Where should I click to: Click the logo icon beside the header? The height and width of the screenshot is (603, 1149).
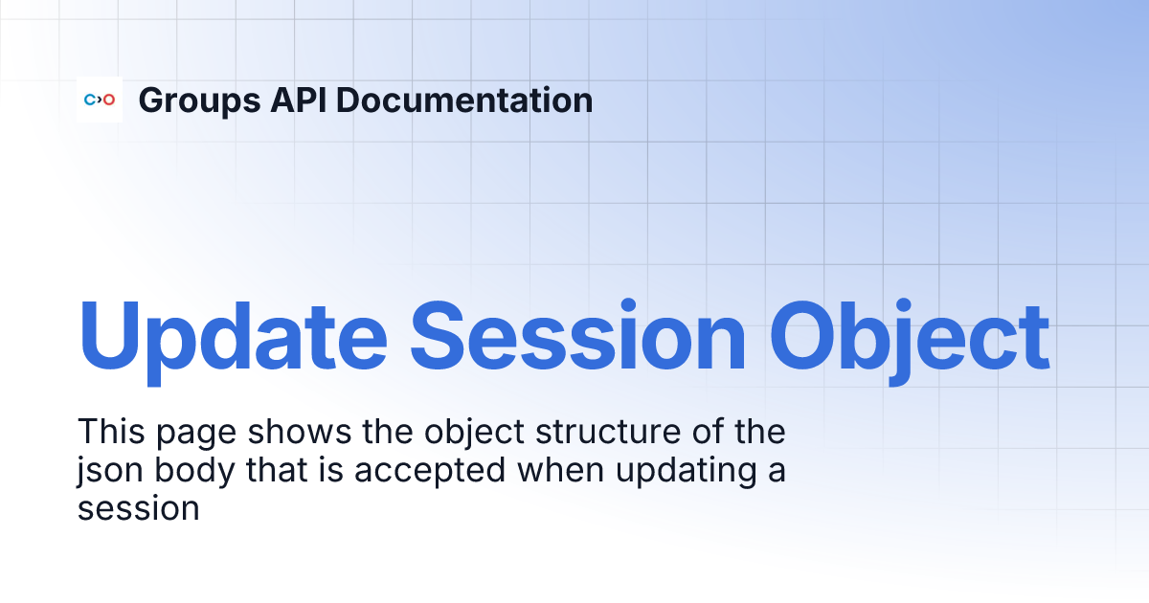click(x=100, y=100)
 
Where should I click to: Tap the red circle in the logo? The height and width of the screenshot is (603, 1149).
click(x=109, y=100)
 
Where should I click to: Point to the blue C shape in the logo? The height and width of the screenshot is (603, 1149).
click(x=90, y=100)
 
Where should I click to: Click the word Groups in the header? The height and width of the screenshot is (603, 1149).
click(x=199, y=101)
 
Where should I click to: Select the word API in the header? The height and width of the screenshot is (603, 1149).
click(x=299, y=100)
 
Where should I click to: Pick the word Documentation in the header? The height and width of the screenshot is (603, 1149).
click(x=464, y=100)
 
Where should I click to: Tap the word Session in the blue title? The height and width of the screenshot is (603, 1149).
click(x=577, y=335)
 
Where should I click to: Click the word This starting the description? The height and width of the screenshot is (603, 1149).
click(x=111, y=432)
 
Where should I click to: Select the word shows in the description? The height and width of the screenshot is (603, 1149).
click(x=300, y=432)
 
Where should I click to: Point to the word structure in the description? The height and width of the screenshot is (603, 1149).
click(x=608, y=432)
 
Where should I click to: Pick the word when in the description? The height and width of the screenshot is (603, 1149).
click(x=561, y=469)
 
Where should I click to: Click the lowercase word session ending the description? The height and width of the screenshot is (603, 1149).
click(x=139, y=508)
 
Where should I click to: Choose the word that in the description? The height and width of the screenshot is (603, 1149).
click(x=277, y=469)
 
